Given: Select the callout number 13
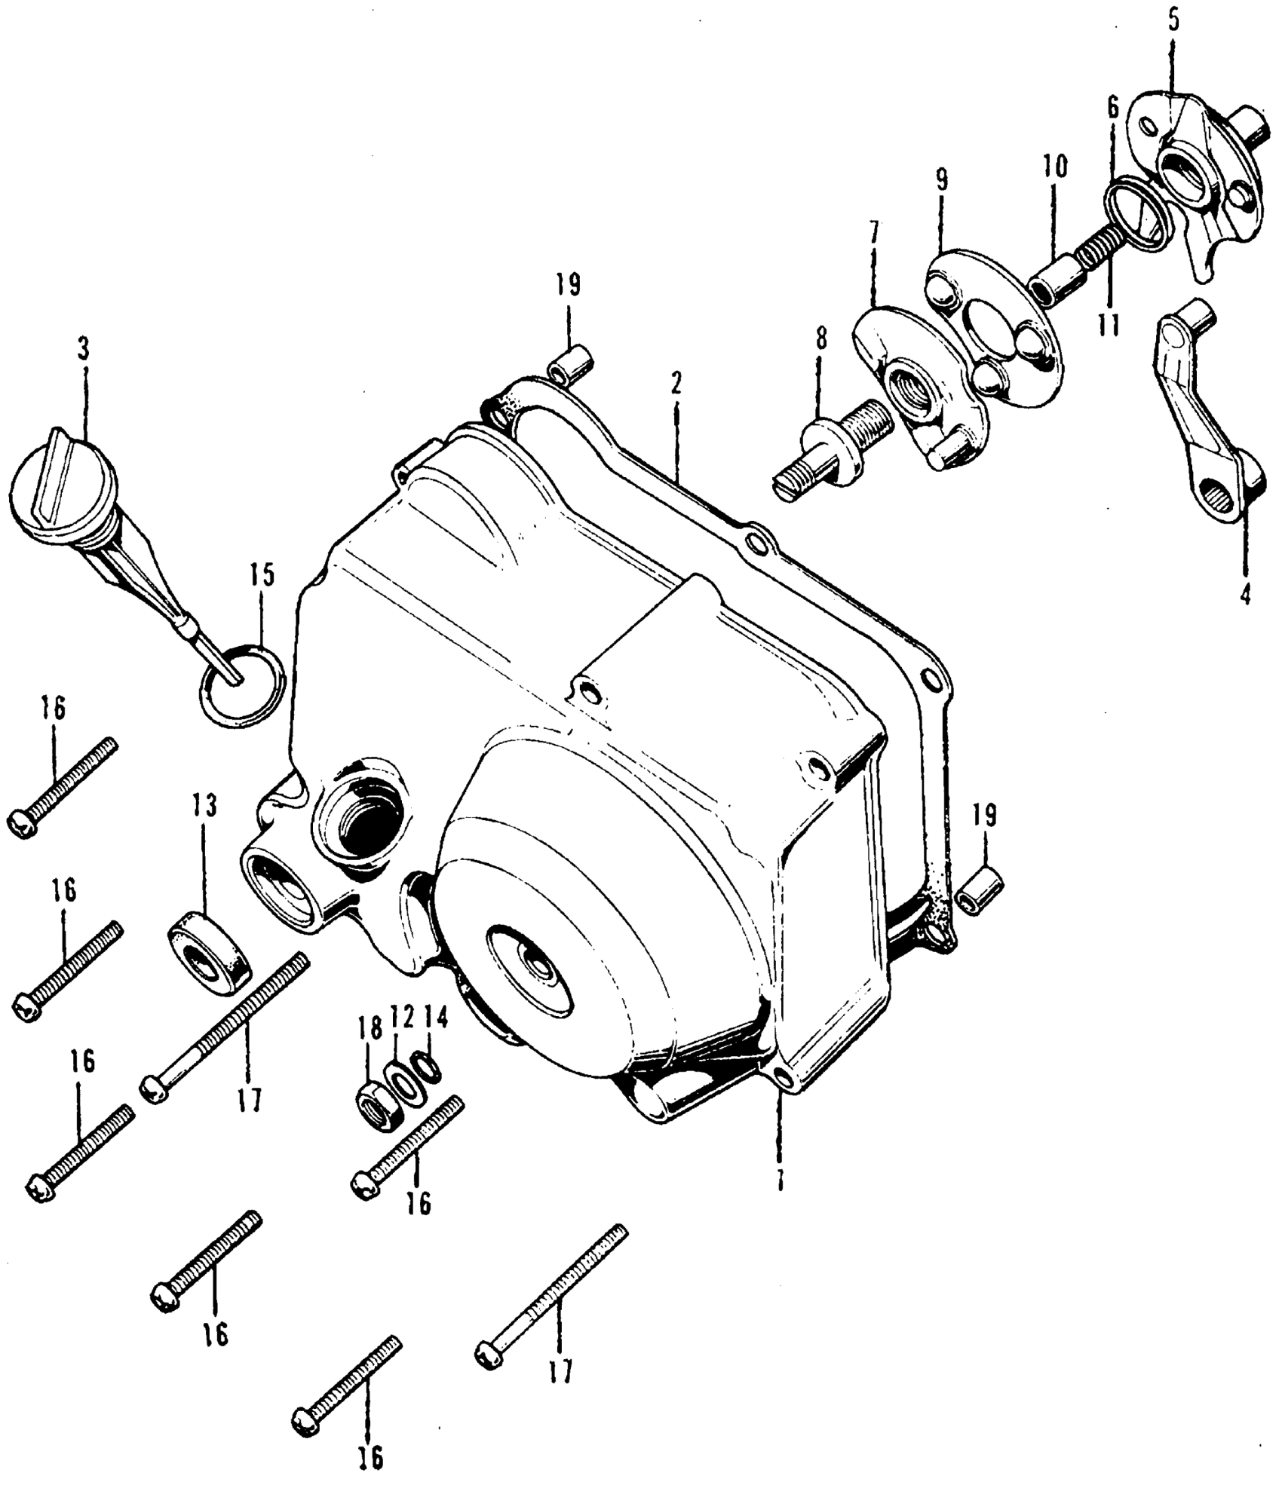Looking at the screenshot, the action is [204, 806].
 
